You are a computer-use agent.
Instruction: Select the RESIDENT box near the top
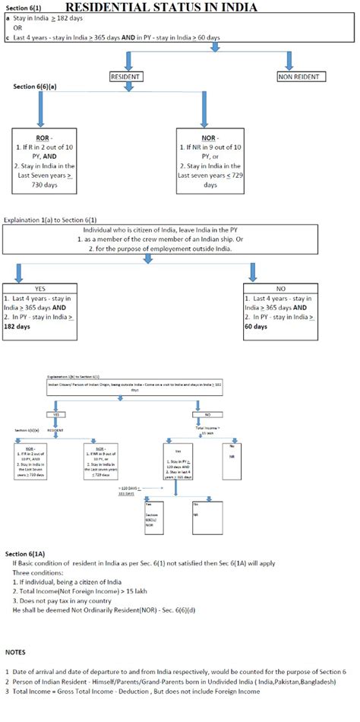click(127, 77)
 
